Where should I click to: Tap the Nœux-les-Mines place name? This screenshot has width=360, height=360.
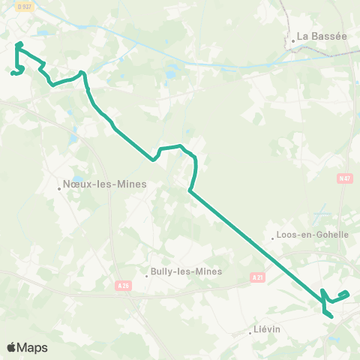pyautogui.click(x=104, y=183)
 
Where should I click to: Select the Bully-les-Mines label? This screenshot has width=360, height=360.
pyautogui.click(x=186, y=271)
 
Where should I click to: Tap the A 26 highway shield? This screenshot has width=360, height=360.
pyautogui.click(x=124, y=285)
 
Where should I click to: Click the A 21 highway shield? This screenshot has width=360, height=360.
pyautogui.click(x=257, y=277)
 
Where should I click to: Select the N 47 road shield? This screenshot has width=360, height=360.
pyautogui.click(x=344, y=178)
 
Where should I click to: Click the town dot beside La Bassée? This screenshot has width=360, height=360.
pyautogui.click(x=293, y=41)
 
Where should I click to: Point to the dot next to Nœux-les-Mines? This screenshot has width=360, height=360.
pyautogui.click(x=59, y=188)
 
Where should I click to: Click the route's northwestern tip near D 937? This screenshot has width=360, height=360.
pyautogui.click(x=18, y=44)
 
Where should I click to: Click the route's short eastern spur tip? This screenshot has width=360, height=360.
pyautogui.click(x=346, y=292)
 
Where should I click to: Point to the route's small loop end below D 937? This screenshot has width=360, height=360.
pyautogui.click(x=13, y=73)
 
